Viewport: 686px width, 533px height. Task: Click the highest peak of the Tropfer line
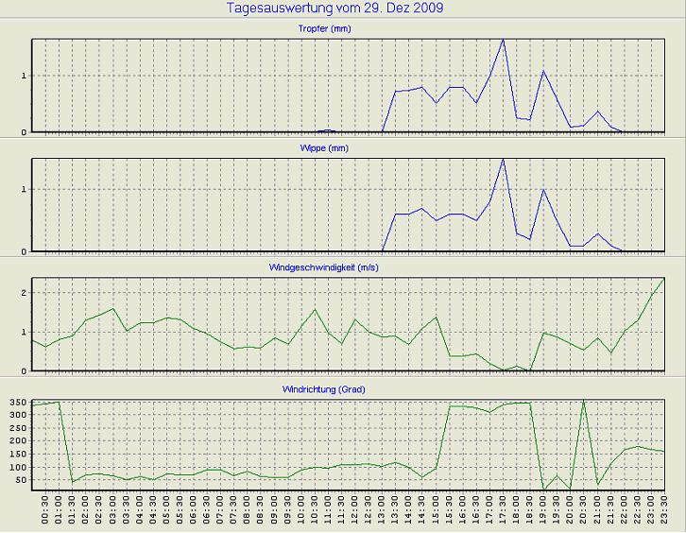pos(503,40)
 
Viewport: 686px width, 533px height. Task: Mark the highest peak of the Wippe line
pos(503,159)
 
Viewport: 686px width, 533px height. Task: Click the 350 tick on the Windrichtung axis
pos(17,403)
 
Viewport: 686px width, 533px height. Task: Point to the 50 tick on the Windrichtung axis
pos(21,481)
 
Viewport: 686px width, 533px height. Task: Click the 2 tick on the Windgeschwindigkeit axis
pos(25,293)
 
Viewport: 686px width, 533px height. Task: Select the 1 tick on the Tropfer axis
pos(25,76)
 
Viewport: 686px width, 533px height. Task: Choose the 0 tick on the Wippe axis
pos(25,251)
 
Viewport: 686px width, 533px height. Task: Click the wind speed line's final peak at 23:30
pos(664,279)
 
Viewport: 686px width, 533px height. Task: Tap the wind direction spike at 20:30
pos(584,401)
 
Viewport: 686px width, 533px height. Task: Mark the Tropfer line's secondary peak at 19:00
pos(543,71)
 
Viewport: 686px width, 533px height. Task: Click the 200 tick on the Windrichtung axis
pos(17,441)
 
